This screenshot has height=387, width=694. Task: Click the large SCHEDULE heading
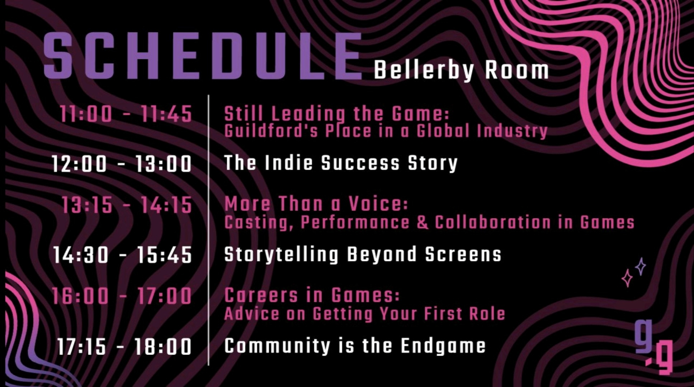coord(203,56)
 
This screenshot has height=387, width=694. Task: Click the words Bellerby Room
coord(461,71)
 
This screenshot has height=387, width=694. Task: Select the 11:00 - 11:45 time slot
coord(126,114)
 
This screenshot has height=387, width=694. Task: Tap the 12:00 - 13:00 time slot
coord(122,164)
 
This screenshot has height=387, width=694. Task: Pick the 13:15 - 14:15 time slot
coord(127,206)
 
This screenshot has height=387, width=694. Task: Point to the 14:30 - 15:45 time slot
coord(123,255)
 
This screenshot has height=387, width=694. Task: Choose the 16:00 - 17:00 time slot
coord(122,296)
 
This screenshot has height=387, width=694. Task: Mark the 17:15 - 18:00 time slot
coord(124,347)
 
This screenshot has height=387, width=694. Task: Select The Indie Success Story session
coord(341,163)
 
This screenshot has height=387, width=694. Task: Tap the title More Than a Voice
coord(316,204)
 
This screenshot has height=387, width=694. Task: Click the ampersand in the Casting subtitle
coord(422,222)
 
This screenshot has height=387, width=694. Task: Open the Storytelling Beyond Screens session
coord(363,254)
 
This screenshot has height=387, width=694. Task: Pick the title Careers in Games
coord(312,296)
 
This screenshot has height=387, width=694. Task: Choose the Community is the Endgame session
coord(355,346)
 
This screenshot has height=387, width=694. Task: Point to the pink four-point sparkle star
coord(627,278)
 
